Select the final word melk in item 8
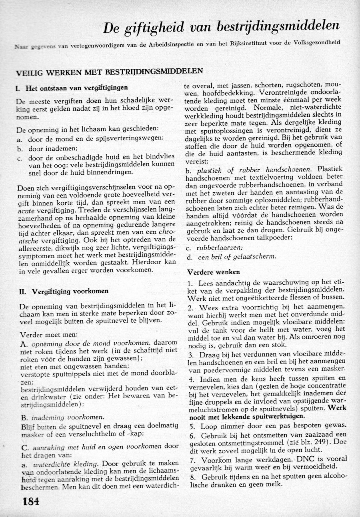point(275,485)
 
